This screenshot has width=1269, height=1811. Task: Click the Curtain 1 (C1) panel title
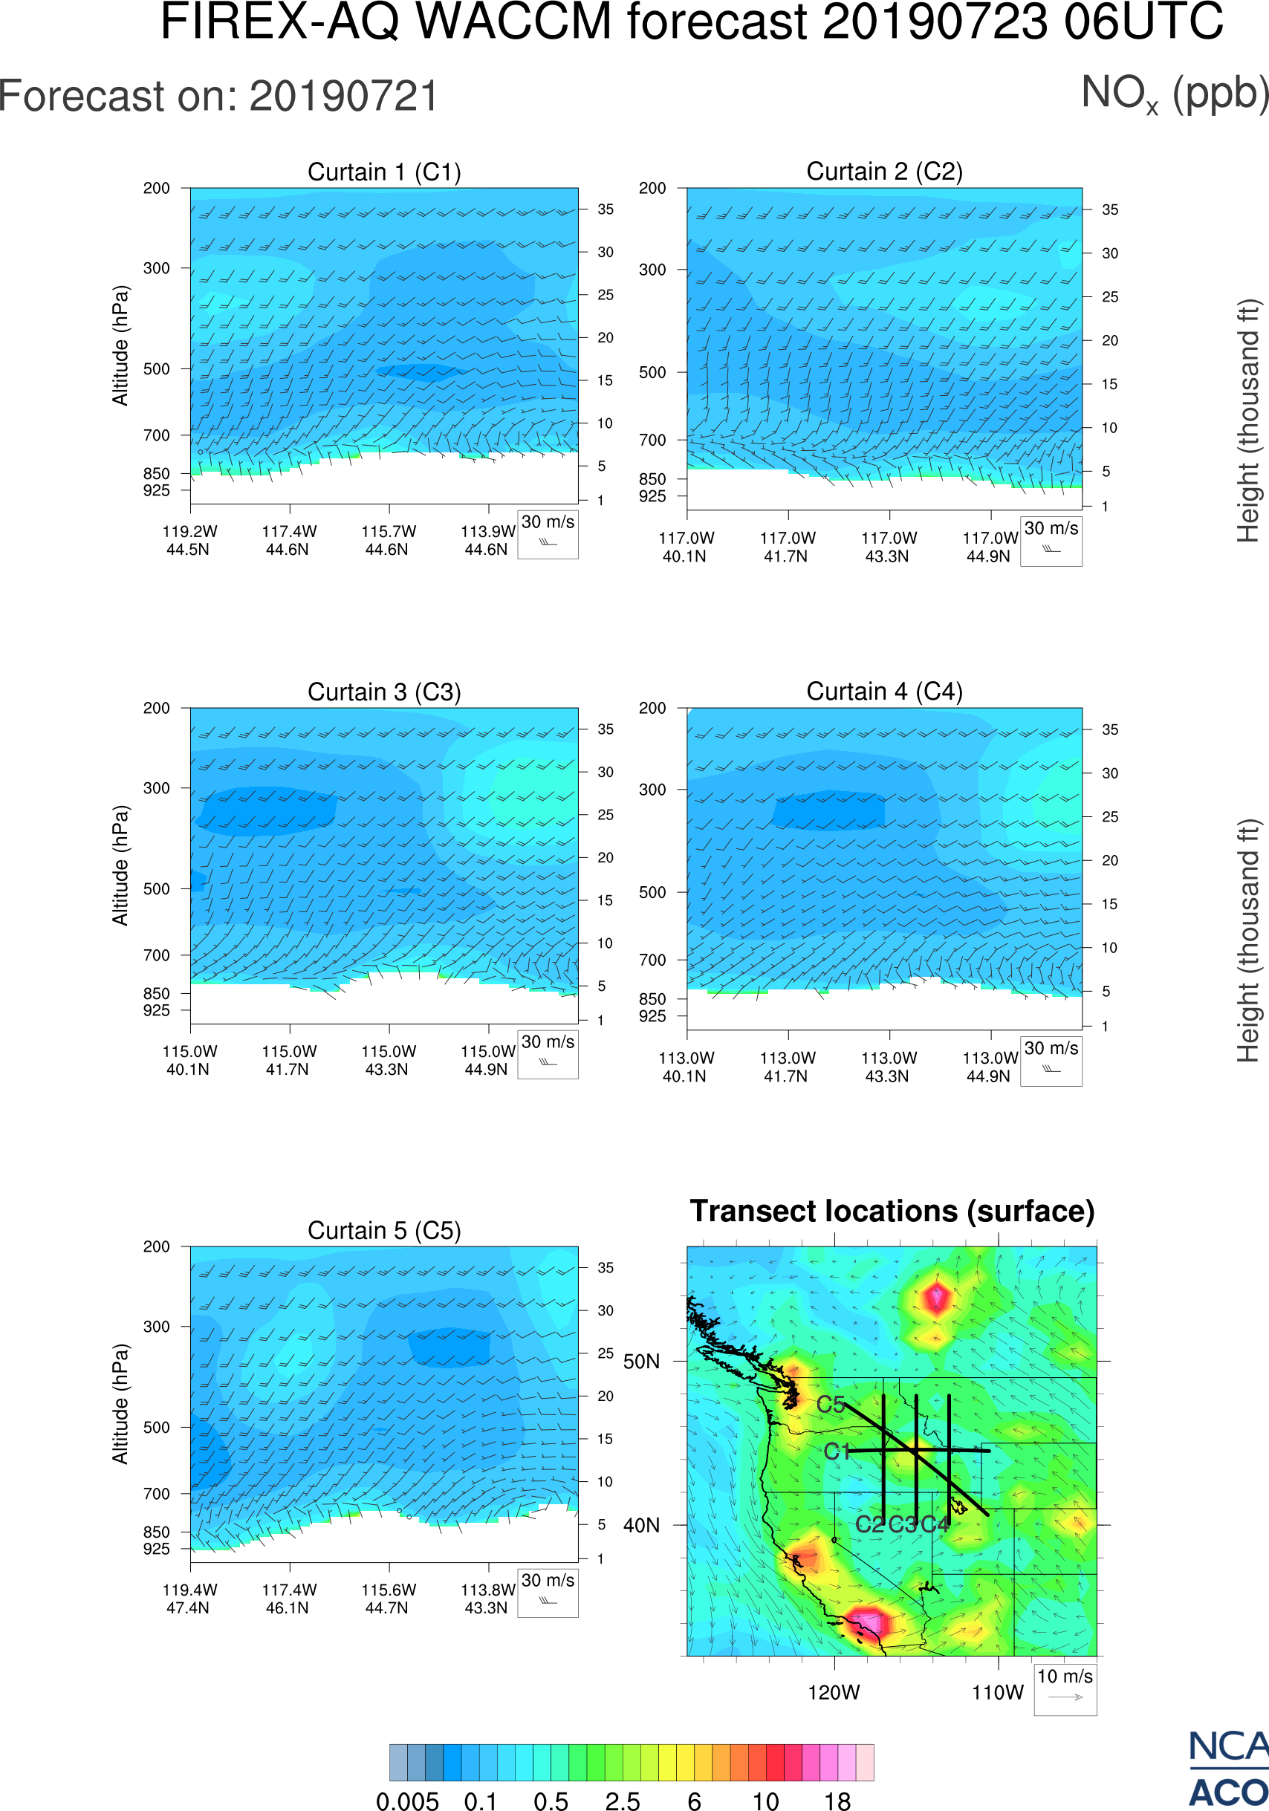384,172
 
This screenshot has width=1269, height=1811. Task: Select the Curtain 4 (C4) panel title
884,692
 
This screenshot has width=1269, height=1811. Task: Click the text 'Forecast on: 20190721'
218,97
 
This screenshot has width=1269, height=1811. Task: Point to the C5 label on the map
831,1404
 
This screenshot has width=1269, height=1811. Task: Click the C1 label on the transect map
836,1451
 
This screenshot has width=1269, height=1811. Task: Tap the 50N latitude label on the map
641,1362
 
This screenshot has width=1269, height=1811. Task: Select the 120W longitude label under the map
834,1693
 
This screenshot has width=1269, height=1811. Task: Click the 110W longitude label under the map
997,1693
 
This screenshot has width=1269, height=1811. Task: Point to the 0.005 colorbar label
407,1801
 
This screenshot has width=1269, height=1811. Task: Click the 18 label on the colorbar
837,1801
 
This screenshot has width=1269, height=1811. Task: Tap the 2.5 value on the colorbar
623,1801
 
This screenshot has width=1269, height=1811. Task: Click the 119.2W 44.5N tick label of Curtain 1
189,540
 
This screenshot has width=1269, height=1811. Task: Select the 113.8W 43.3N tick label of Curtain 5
487,1599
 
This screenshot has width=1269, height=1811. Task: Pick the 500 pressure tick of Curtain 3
156,889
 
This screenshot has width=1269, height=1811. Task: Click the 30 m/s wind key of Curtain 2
1051,540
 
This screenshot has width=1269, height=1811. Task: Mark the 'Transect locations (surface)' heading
892,1212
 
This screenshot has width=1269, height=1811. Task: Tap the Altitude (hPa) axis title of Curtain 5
120,1404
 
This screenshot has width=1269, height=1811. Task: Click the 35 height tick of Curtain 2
1110,209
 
